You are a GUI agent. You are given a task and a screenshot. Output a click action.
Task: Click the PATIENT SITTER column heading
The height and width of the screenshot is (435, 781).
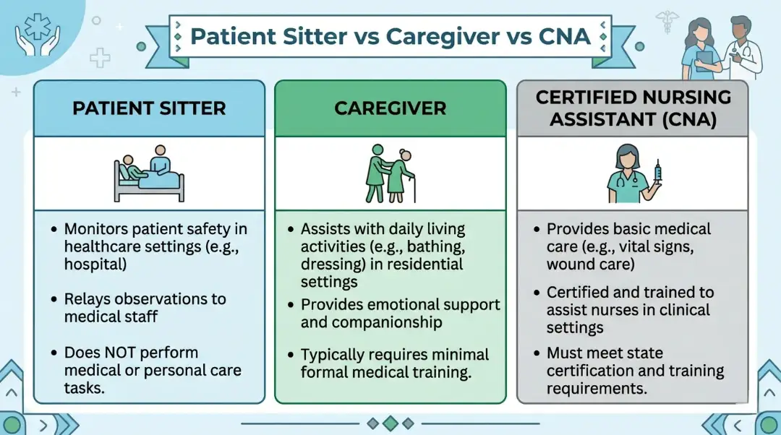pos(149,108)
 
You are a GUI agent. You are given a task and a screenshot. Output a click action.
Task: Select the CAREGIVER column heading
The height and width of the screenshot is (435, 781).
pos(390,108)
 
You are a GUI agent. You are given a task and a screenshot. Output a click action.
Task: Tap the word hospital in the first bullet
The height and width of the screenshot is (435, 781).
pos(94,264)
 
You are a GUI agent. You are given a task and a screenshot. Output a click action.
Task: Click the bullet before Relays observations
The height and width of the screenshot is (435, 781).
pos(55,300)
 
